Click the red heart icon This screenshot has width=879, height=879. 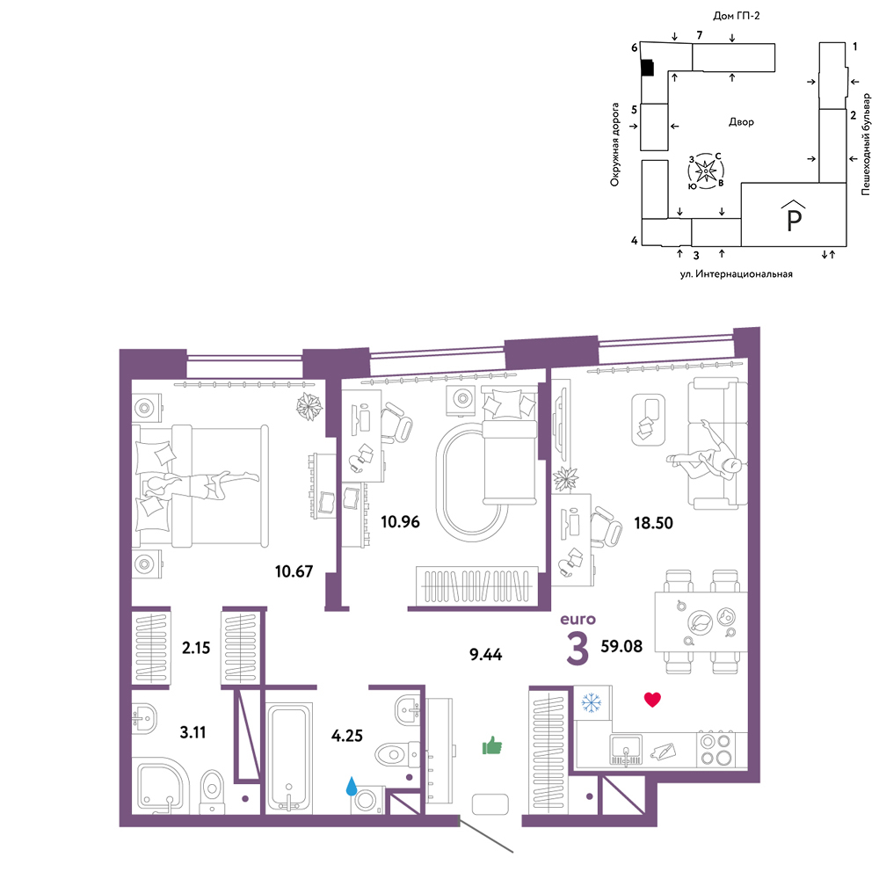652,699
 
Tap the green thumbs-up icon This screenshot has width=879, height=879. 492,746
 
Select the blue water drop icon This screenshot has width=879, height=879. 352,786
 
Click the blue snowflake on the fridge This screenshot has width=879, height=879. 591,703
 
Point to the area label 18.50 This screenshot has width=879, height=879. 653,523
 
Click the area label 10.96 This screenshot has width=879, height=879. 400,522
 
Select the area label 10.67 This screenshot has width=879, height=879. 294,571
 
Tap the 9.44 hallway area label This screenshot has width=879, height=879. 485,654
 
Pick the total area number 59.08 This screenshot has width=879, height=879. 621,646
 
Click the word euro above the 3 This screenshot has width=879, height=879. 578,620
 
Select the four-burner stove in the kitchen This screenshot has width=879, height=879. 716,749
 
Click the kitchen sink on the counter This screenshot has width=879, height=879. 626,750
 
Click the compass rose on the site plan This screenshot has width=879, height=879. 706,171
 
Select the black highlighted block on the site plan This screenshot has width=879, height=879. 648,68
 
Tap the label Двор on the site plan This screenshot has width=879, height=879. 741,121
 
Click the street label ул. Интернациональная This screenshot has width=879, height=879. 736,274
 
